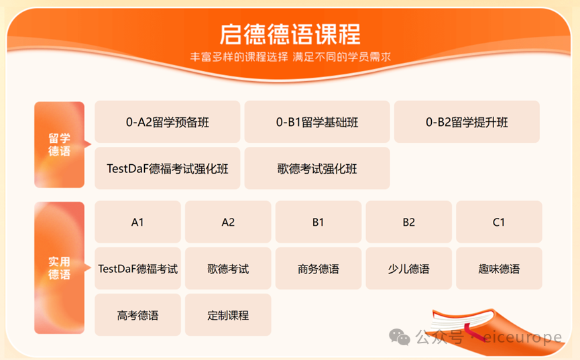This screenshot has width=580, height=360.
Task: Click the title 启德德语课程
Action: coord(290,33)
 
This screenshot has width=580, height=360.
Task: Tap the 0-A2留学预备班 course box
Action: coord(167,122)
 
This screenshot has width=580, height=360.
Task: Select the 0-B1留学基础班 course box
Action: coord(317,122)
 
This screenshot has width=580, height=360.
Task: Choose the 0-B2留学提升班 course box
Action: coord(467,122)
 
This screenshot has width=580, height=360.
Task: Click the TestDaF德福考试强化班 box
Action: coord(167,168)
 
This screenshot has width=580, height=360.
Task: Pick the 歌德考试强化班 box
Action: coord(317,168)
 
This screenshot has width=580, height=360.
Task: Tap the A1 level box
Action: coord(137,222)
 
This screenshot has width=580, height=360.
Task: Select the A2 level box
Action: coord(228,222)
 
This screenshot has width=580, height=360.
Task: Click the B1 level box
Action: coord(318,222)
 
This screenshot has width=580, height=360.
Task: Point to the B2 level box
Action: coord(409,222)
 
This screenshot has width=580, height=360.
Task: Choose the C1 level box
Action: coord(499,222)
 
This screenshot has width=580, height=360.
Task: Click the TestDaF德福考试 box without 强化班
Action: coord(137,269)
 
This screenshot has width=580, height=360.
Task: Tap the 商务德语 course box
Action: coord(318,269)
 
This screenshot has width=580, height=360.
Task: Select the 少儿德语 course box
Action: coord(409,269)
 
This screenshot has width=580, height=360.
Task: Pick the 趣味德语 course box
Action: coord(499,269)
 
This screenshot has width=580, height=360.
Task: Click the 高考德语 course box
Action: coord(137,315)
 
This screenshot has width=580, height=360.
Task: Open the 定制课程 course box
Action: coord(228,315)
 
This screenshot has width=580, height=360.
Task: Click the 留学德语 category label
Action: coord(59,145)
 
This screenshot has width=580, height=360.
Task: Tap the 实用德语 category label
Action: coord(59,267)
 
